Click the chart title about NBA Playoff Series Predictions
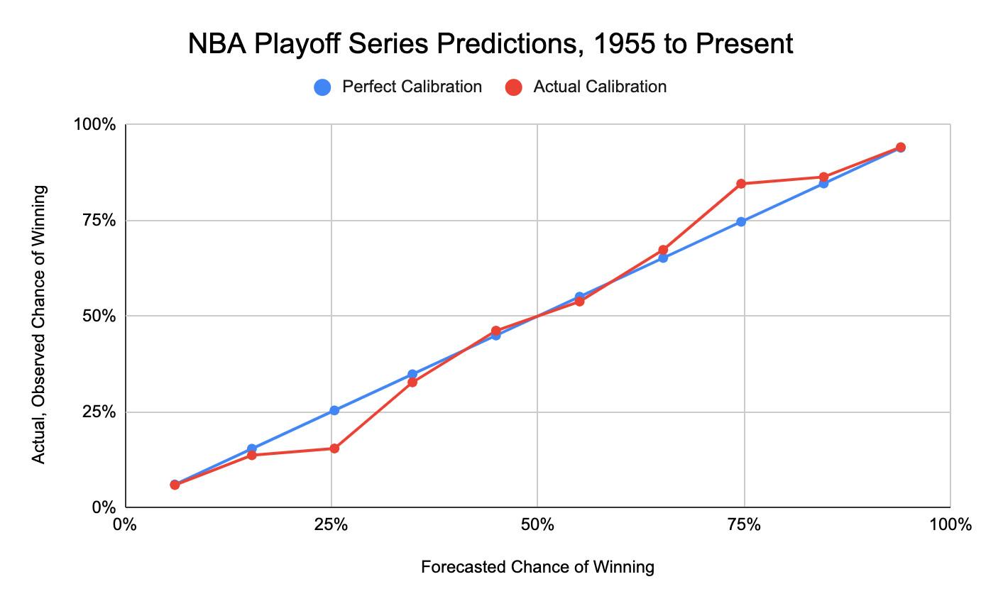click(490, 44)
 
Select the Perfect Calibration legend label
click(412, 87)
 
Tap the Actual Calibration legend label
click(600, 87)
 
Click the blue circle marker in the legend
click(322, 87)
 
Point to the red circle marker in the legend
click(514, 87)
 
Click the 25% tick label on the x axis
click(331, 525)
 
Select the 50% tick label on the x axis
click(537, 525)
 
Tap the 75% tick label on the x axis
click(744, 525)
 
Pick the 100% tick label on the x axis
click(950, 525)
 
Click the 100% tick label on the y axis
click(94, 125)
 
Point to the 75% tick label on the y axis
click(99, 221)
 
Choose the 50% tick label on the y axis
click(99, 316)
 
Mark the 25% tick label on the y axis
click(99, 412)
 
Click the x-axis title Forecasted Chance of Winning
click(537, 567)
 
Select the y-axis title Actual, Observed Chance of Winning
click(39, 324)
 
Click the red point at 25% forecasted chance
click(334, 448)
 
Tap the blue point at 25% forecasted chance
click(334, 410)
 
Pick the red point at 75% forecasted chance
click(741, 184)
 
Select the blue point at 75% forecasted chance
click(741, 221)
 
